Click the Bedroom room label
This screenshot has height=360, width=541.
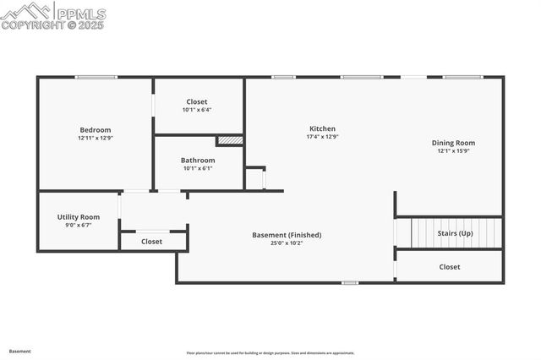(x=96, y=130)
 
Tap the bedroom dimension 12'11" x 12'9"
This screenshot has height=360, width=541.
(x=96, y=138)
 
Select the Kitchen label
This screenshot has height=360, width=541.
(x=322, y=128)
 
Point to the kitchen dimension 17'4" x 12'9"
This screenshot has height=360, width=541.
(x=322, y=137)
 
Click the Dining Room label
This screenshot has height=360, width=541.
(x=454, y=143)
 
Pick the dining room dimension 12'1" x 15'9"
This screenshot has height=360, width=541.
(x=454, y=151)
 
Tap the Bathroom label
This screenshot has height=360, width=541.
(x=198, y=160)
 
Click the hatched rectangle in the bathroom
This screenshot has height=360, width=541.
(x=230, y=140)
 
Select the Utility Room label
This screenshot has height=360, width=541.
(x=79, y=217)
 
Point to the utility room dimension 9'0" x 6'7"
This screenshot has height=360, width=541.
(x=79, y=226)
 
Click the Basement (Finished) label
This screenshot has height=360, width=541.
(x=287, y=235)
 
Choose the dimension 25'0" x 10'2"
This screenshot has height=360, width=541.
(x=287, y=243)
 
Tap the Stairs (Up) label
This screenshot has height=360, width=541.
(x=455, y=232)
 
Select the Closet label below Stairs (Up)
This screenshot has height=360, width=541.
(x=450, y=267)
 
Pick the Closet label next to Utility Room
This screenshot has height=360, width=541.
(x=152, y=242)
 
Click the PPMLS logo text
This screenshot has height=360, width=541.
(x=79, y=14)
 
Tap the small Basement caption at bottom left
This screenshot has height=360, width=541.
(x=20, y=351)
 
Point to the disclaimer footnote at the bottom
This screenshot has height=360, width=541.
(x=270, y=353)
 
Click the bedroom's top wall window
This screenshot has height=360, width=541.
(x=96, y=78)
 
